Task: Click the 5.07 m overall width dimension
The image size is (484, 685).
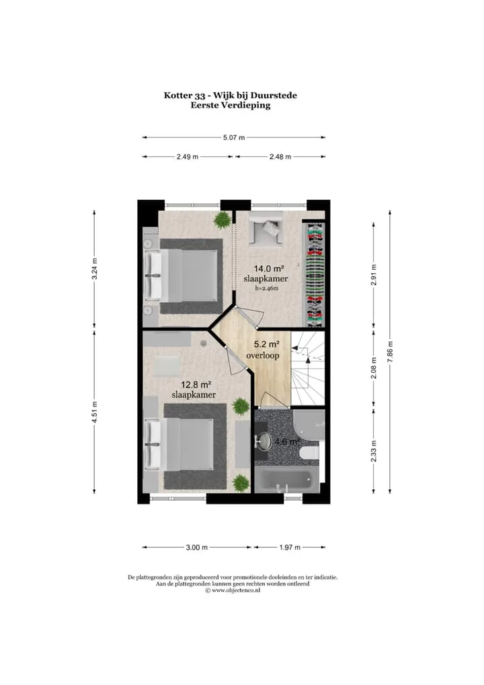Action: point(234,138)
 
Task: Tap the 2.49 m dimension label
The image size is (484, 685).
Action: point(188,156)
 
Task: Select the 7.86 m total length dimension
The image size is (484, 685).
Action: point(390,352)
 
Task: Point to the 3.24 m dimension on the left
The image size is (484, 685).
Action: point(95,270)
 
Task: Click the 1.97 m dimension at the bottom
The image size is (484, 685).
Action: point(290,547)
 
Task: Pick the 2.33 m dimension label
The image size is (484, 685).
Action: point(374,450)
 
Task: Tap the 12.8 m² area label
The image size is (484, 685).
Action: point(196,385)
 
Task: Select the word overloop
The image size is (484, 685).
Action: point(263,355)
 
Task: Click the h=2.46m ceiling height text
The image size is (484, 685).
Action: point(267,288)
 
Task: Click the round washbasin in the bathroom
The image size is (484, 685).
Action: point(263,441)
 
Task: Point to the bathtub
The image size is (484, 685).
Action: point(287,480)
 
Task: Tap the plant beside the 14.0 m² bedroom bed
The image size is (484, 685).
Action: point(223,219)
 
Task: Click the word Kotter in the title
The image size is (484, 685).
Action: point(176,96)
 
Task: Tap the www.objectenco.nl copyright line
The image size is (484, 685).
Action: point(233,589)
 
